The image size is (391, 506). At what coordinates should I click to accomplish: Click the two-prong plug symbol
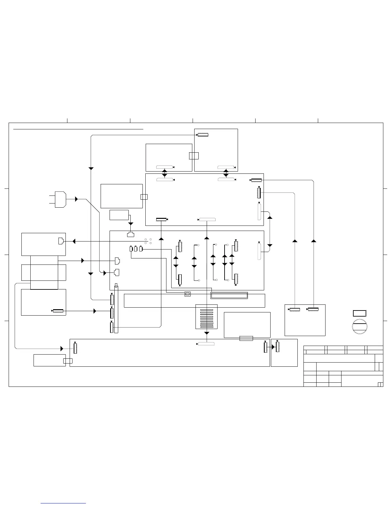60,199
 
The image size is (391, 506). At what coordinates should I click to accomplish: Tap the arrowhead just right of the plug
76,199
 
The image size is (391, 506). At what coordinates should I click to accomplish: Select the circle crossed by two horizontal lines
359,326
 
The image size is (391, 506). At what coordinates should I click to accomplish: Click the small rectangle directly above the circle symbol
359,313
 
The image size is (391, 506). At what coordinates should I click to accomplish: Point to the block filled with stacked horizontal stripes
206,317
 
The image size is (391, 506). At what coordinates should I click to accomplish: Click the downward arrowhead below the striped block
207,333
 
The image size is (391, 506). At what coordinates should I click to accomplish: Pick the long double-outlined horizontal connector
229,295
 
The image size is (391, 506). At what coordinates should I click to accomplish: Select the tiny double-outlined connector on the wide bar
188,294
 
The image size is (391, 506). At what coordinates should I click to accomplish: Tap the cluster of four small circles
148,241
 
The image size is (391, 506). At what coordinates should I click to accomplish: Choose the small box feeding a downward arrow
119,215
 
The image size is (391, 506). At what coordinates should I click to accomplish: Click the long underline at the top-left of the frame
78,129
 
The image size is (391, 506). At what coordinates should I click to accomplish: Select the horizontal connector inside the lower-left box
58,311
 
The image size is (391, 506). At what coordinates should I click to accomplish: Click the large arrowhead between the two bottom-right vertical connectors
273,347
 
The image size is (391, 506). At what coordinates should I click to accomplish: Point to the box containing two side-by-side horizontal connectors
305,320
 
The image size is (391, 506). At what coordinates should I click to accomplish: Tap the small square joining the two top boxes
194,156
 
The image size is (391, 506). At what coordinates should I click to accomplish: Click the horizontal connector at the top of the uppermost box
203,135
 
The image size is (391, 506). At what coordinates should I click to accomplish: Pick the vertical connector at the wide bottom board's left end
75,348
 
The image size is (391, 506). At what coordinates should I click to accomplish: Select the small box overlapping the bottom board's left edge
68,361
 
